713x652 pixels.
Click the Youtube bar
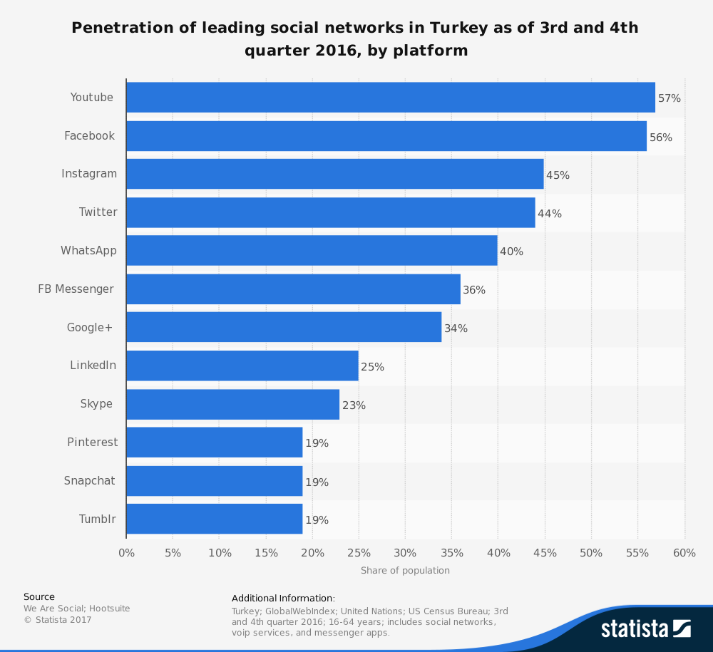tap(391, 98)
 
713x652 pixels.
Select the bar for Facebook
tap(386, 136)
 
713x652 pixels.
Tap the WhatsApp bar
tap(312, 251)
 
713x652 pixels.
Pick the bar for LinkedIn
tap(242, 366)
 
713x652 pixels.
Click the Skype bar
tap(233, 405)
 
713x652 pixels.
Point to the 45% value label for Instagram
tap(558, 175)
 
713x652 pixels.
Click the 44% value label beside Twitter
tap(550, 214)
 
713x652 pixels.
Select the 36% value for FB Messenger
tap(474, 290)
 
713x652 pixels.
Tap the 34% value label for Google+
tap(456, 328)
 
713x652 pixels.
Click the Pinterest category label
tap(93, 443)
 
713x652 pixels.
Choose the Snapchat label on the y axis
tap(89, 481)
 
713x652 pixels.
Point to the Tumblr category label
tap(97, 519)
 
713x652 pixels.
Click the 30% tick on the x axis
tap(405, 553)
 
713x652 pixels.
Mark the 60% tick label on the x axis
tap(684, 553)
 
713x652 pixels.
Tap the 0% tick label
tap(126, 553)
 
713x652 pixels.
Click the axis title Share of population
tap(405, 571)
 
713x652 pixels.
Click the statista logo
tap(645, 628)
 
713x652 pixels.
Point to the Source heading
tap(39, 597)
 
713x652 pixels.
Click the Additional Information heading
tap(283, 599)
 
